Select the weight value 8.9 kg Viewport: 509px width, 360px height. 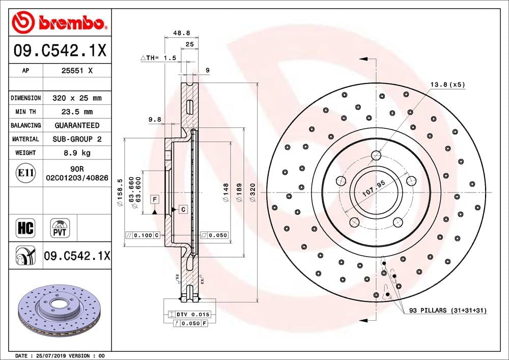click(77, 152)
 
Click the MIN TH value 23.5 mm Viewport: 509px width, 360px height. click(77, 112)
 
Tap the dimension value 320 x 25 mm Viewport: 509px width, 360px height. click(77, 98)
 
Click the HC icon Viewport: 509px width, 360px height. click(25, 228)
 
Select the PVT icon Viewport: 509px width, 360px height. click(60, 228)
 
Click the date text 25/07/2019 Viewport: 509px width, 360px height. click(49, 355)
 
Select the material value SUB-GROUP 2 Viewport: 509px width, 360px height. click(77, 139)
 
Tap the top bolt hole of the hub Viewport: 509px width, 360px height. click(377, 155)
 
